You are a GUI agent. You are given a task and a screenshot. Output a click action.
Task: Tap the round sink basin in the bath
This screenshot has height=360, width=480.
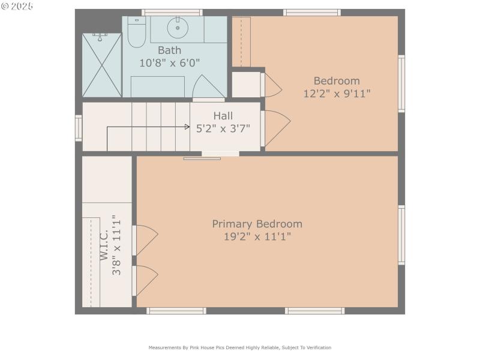coord(178,28)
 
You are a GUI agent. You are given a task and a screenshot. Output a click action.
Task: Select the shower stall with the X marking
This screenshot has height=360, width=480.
coord(101,65)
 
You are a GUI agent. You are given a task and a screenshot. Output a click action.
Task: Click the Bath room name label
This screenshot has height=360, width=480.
coord(169,50)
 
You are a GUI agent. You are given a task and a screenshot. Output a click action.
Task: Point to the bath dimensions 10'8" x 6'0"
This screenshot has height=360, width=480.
coord(170,62)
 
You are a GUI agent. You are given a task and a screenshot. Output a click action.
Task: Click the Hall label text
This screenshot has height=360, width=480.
coord(223,116)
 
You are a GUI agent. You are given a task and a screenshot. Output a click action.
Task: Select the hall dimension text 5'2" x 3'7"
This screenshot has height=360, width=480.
coord(223,128)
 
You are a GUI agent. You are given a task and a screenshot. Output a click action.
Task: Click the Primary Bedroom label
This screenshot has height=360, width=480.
coord(257,224)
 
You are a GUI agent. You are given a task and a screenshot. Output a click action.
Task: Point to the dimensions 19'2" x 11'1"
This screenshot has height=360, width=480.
coord(257,236)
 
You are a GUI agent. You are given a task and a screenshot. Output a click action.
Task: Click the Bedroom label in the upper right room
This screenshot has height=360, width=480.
coord(337,81)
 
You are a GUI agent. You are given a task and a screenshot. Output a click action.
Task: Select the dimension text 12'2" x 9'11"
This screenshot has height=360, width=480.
coord(337,93)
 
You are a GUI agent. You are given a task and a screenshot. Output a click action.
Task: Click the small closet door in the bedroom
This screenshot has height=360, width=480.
coord(271,85)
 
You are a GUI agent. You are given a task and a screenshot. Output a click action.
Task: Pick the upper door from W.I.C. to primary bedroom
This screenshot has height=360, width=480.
coord(145,239)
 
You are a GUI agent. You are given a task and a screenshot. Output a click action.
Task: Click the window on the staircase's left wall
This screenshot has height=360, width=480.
coord(78,128)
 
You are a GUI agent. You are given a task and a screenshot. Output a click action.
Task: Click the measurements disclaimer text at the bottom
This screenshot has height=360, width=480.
coord(239,347)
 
